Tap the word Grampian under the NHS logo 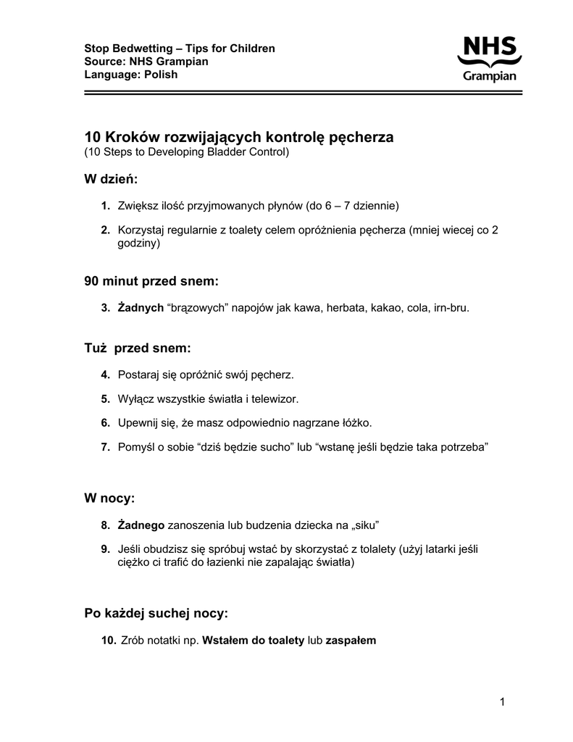(x=490, y=76)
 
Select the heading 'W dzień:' (x=111, y=179)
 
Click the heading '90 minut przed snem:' (x=151, y=280)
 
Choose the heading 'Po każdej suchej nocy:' (x=156, y=614)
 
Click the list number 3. (x=105, y=307)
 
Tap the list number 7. (x=105, y=447)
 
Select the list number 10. (x=109, y=641)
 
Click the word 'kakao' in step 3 (x=385, y=307)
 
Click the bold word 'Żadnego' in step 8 (x=141, y=525)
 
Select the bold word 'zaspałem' (x=351, y=641)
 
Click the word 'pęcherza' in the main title (x=360, y=137)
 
